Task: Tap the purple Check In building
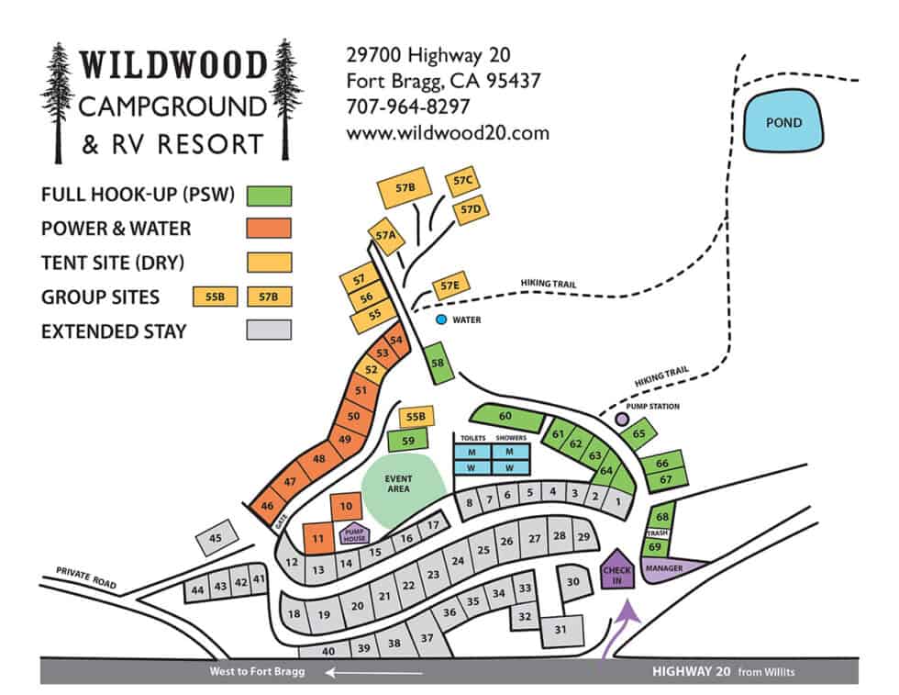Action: pyautogui.click(x=617, y=570)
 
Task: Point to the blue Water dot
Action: pyautogui.click(x=441, y=319)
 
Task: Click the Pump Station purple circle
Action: pyautogui.click(x=622, y=419)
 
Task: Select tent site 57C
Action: pyautogui.click(x=462, y=182)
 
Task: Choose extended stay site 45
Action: pyautogui.click(x=216, y=538)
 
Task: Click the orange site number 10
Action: pyautogui.click(x=346, y=505)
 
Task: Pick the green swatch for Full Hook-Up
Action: pyautogui.click(x=269, y=196)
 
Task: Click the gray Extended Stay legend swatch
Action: pyautogui.click(x=269, y=330)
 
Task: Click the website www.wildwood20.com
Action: pyautogui.click(x=448, y=132)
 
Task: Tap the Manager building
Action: pyautogui.click(x=674, y=568)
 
